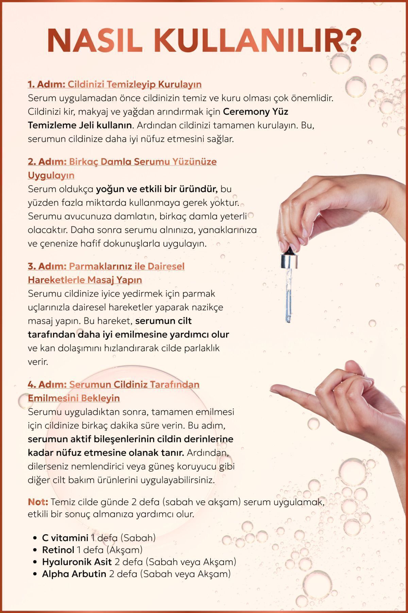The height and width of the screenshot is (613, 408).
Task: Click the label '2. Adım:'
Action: [47, 161]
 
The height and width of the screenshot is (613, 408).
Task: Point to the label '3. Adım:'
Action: [47, 266]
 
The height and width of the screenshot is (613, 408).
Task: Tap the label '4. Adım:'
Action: [47, 384]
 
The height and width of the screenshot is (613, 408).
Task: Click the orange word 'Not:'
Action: [38, 502]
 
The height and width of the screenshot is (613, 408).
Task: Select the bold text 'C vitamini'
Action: [65, 538]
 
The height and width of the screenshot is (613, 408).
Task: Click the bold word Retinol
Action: [58, 550]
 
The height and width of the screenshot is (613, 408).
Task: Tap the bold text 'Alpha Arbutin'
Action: [74, 574]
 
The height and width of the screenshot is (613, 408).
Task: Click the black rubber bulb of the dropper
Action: [289, 251]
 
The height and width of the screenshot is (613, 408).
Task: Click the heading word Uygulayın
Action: [51, 175]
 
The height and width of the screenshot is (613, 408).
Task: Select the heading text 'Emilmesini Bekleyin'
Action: [74, 398]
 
